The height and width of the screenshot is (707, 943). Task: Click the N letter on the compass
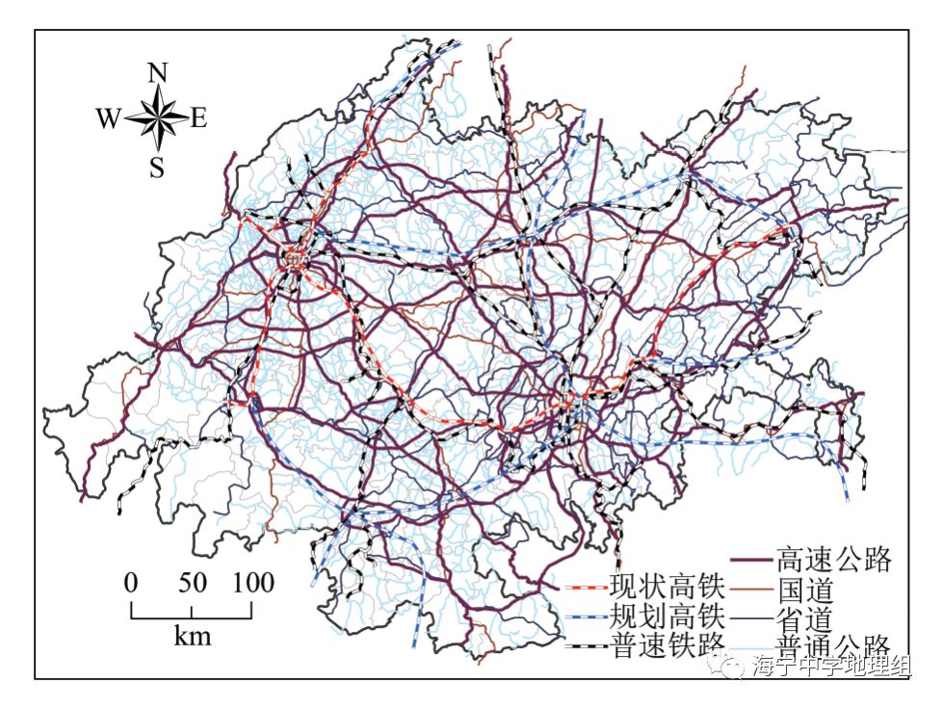tap(158, 72)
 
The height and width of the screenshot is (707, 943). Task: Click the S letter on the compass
tap(157, 169)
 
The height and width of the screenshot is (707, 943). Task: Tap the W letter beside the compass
tap(108, 119)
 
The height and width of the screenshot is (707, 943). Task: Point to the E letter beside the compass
tap(199, 118)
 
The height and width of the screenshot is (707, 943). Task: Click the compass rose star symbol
tap(157, 119)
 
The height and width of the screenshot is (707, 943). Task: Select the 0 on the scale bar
tap(131, 583)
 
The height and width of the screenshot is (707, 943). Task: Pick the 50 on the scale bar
tap(192, 583)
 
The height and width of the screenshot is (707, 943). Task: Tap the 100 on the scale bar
tap(251, 583)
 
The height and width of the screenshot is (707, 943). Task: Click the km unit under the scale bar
tap(193, 636)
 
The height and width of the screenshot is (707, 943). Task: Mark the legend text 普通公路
tap(834, 645)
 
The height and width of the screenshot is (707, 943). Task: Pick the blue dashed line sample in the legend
tap(583, 616)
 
